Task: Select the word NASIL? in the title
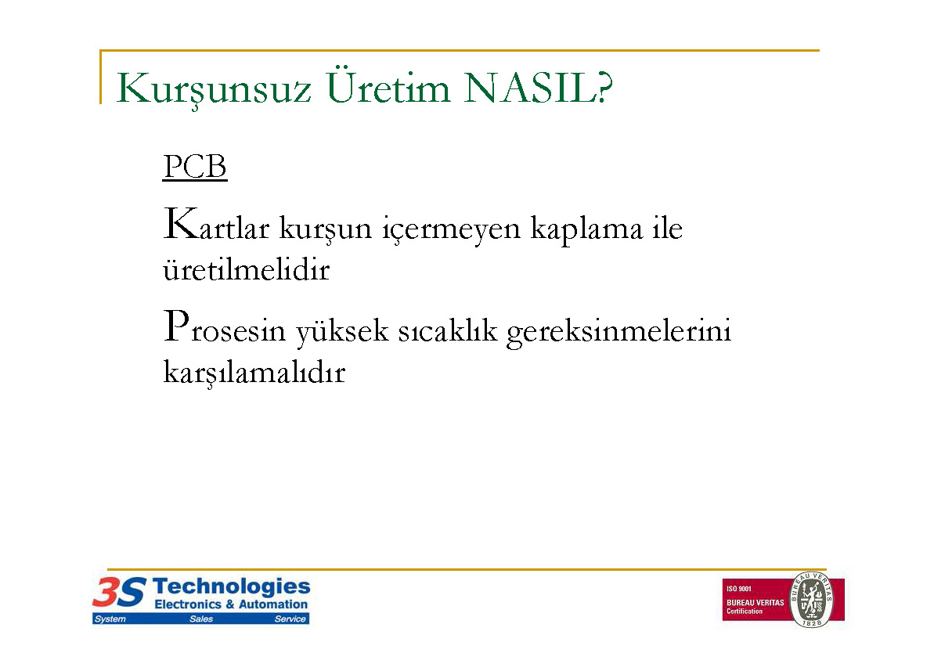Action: [539, 88]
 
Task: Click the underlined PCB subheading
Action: [195, 167]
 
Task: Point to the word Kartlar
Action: [216, 225]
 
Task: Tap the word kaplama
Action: [586, 229]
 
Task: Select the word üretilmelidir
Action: [246, 270]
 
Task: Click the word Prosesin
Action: [225, 327]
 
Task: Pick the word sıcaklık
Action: [447, 330]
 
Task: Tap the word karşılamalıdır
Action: [254, 373]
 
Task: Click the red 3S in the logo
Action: [119, 593]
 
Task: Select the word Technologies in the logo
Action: [232, 588]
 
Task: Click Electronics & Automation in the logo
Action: [231, 604]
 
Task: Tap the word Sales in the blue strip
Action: [201, 619]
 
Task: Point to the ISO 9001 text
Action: [738, 589]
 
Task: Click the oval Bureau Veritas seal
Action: [812, 599]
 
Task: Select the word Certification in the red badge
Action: [744, 611]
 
